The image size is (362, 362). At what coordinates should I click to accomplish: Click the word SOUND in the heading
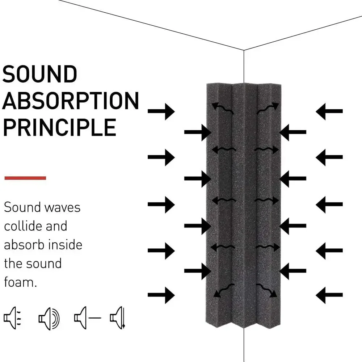click(x=40, y=74)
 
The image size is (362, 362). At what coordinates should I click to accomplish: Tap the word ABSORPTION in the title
click(x=71, y=101)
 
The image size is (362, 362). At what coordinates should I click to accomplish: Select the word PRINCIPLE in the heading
click(x=59, y=127)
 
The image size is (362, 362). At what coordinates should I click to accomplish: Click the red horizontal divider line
click(x=25, y=178)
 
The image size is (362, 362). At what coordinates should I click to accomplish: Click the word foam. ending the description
click(x=20, y=282)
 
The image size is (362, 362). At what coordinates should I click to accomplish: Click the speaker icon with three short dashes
click(x=12, y=318)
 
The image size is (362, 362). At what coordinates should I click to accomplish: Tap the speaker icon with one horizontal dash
click(x=87, y=318)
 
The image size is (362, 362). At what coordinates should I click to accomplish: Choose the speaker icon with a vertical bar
click(x=118, y=318)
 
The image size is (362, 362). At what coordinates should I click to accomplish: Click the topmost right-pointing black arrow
click(x=161, y=111)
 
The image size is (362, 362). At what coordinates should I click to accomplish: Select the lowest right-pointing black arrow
click(x=161, y=295)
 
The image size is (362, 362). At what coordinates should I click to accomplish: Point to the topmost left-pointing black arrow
click(x=329, y=111)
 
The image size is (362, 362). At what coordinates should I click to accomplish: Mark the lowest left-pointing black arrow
click(x=329, y=295)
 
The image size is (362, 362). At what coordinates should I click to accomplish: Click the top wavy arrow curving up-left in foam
click(x=222, y=108)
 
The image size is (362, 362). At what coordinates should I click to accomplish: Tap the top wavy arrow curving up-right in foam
click(x=268, y=108)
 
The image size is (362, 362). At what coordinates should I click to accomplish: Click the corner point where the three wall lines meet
click(x=244, y=50)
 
